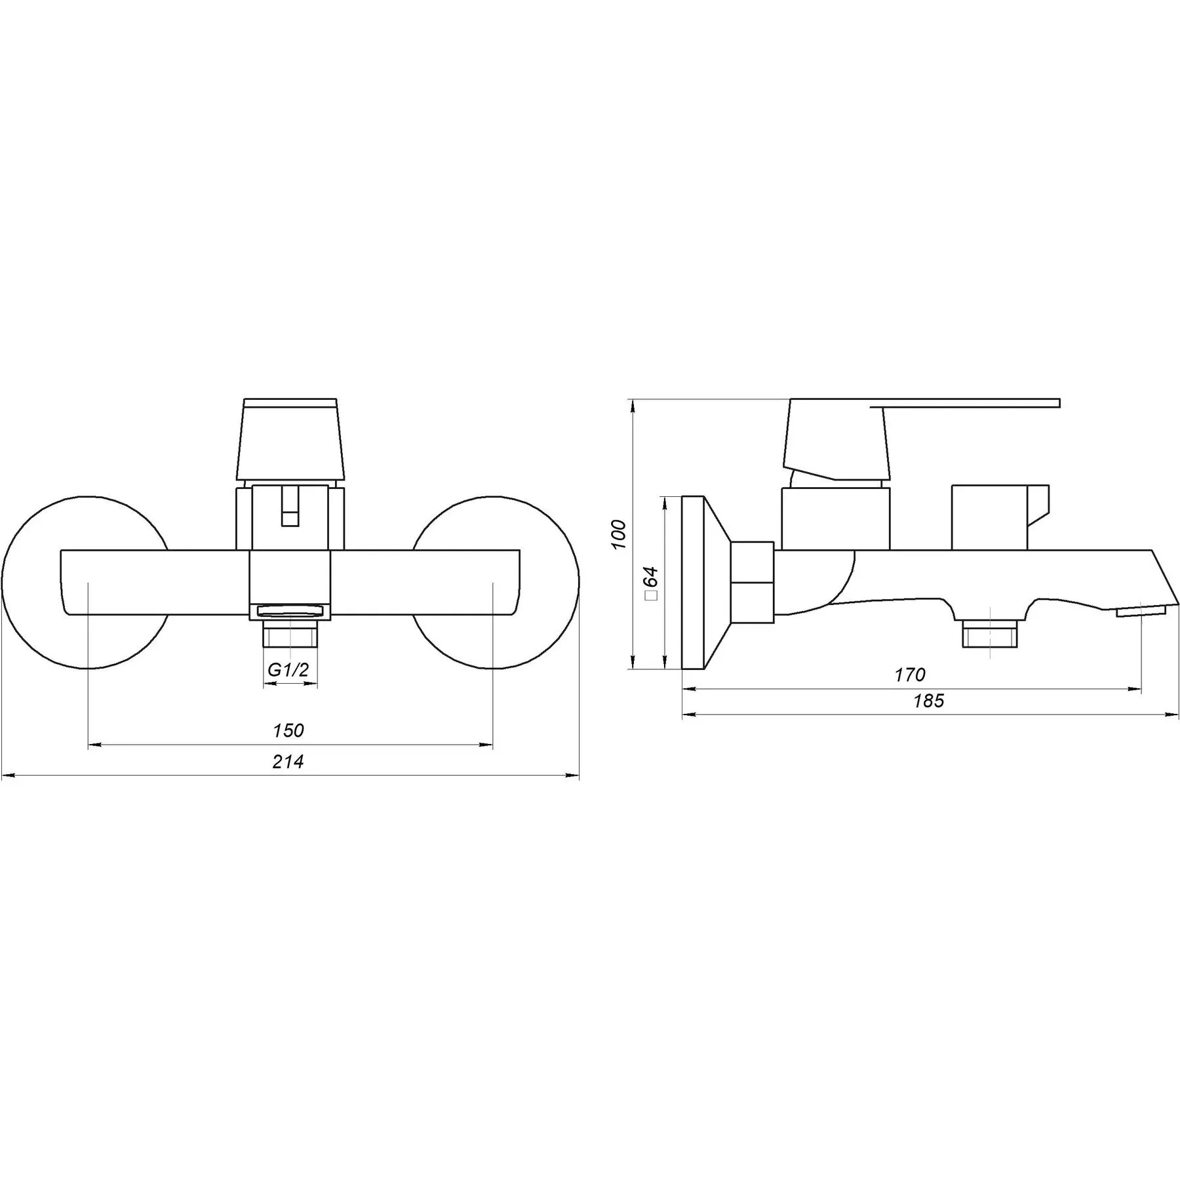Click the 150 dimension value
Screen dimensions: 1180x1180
288,730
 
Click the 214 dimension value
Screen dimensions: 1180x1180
288,762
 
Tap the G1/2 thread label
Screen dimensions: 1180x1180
288,669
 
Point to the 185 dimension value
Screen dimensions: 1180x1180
929,701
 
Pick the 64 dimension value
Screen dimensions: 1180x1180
650,577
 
